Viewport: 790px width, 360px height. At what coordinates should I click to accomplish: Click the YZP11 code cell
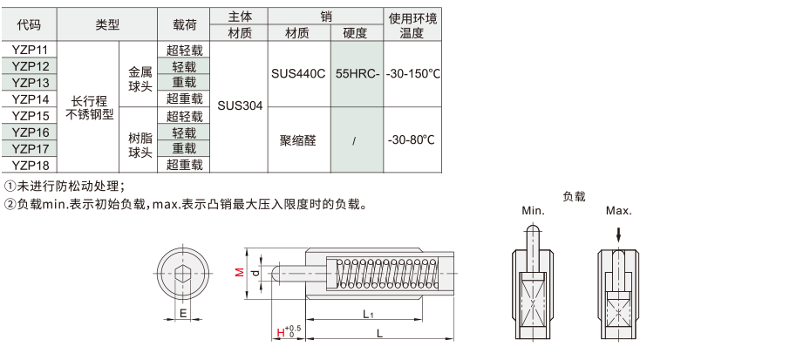click(30, 50)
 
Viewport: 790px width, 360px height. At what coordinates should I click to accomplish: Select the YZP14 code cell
click(30, 98)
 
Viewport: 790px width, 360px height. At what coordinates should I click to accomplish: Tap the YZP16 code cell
click(30, 132)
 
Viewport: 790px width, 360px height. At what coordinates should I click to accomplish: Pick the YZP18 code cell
click(30, 165)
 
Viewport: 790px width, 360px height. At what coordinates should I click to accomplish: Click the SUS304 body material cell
click(239, 106)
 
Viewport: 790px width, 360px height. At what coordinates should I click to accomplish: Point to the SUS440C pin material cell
click(299, 74)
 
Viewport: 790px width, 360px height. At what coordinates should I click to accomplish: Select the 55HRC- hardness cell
click(358, 74)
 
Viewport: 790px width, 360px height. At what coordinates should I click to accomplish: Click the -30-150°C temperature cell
click(412, 74)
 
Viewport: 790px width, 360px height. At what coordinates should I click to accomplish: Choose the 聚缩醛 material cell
click(299, 140)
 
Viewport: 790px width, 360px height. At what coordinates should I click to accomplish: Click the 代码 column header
click(30, 24)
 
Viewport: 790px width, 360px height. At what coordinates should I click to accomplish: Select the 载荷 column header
click(184, 24)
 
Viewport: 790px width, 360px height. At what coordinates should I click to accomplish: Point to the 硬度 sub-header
click(358, 33)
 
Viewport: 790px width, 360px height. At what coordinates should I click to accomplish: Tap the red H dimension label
click(281, 332)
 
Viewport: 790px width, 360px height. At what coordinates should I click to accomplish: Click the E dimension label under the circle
click(183, 313)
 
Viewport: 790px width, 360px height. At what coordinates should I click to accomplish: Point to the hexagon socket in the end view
click(183, 275)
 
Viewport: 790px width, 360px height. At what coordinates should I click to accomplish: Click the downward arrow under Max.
click(619, 234)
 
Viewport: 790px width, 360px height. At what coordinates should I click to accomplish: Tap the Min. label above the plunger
click(533, 211)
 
